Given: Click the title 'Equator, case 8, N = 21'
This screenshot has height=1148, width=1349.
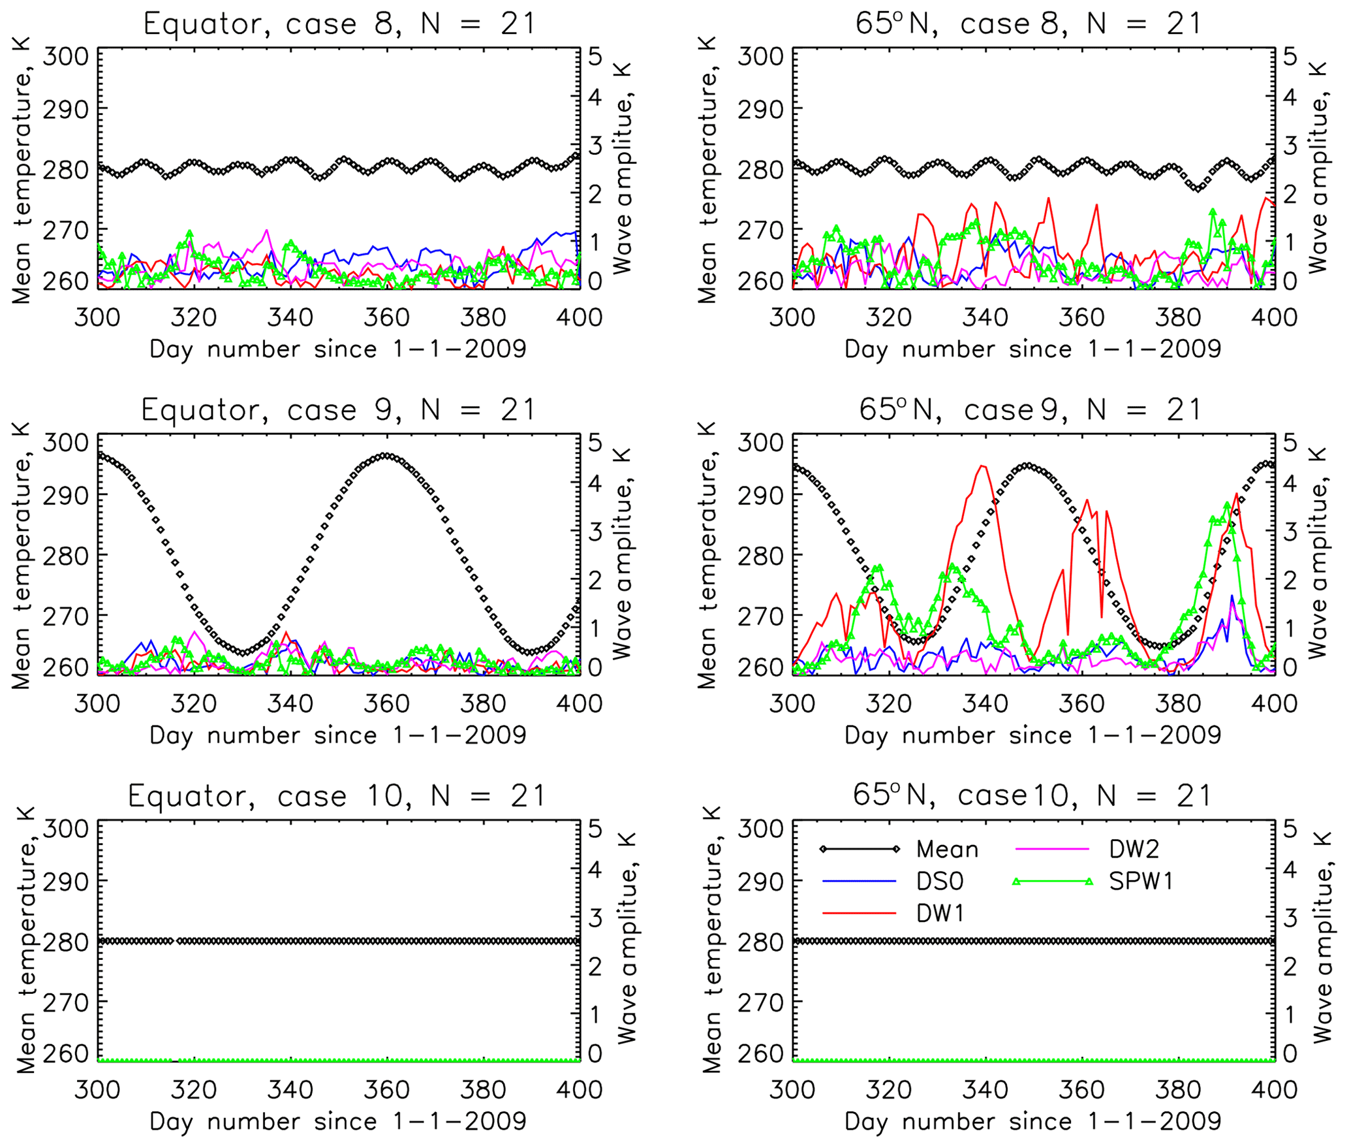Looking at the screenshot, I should tap(339, 25).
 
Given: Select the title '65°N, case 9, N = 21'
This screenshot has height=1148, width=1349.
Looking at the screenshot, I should tap(1030, 410).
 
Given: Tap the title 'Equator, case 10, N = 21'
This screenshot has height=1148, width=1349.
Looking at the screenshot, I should tap(336, 796).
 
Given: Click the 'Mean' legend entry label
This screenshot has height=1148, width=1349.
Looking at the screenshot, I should tap(947, 850).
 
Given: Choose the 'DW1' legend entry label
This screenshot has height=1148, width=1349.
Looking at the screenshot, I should tap(939, 914).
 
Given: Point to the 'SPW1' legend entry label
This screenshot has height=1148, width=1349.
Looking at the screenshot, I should tap(1141, 882).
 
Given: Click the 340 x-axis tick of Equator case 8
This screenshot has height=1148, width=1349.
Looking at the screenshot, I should tap(290, 317).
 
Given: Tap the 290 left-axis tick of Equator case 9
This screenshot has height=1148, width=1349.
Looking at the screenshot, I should tap(65, 496).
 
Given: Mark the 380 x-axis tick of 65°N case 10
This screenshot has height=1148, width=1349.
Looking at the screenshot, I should tap(1178, 1089).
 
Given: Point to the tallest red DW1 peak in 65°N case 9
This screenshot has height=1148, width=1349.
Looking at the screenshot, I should tap(982, 466).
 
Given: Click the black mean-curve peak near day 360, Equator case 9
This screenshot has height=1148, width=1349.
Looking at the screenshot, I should tap(386, 455).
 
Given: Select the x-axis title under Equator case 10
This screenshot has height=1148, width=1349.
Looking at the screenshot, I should tap(337, 1122).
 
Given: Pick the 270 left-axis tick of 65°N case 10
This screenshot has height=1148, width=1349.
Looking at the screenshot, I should tap(760, 1002).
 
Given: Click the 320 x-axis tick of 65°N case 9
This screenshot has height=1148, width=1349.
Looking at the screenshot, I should tap(888, 703).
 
